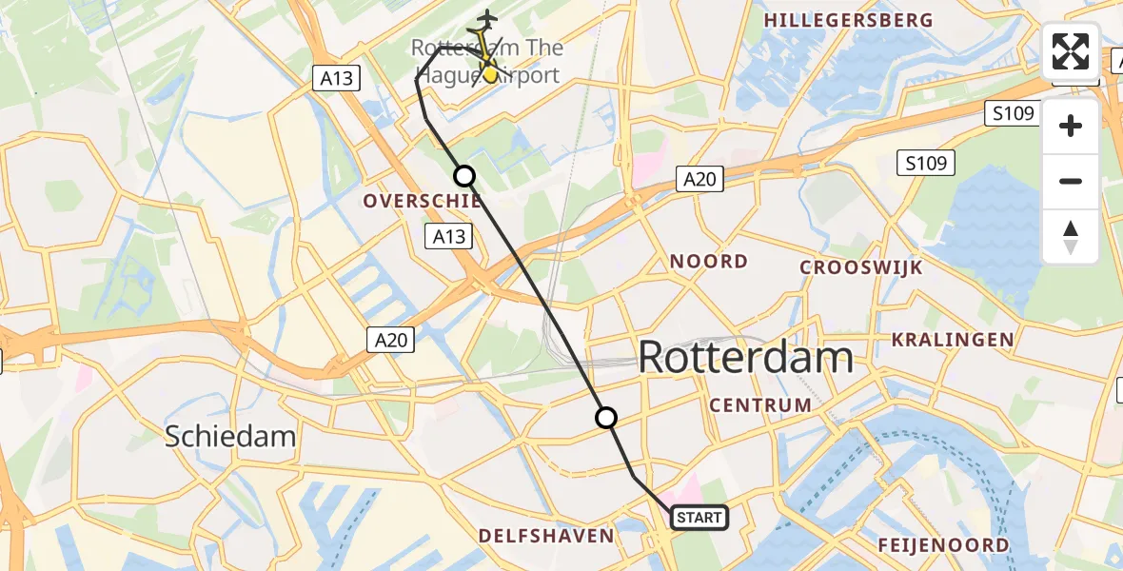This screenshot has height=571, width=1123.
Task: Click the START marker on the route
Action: tap(699, 518)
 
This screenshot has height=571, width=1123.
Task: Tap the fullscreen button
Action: tap(1071, 51)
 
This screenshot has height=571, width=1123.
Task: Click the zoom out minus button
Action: tap(1071, 181)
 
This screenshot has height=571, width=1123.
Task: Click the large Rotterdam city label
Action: tap(745, 358)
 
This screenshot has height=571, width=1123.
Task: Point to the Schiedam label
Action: tap(230, 437)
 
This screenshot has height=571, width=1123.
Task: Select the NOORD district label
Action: tap(708, 261)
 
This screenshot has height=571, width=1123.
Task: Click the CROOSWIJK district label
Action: tap(860, 267)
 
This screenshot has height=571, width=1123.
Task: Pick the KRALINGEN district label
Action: tap(952, 339)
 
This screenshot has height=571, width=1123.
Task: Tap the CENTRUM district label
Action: tap(760, 405)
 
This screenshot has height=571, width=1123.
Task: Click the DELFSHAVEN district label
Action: tap(546, 537)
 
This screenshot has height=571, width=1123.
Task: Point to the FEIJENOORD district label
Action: tap(942, 545)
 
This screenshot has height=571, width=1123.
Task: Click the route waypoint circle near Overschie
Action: tap(463, 175)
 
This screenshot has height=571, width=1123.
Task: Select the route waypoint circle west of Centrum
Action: tap(605, 417)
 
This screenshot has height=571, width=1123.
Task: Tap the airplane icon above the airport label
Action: tap(487, 19)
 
